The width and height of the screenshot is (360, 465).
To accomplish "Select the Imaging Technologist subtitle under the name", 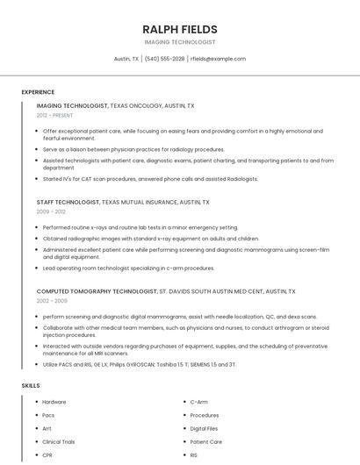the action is point(179,42).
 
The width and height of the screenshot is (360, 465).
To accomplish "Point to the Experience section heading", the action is point(38,92).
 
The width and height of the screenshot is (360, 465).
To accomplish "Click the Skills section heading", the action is point(31,385).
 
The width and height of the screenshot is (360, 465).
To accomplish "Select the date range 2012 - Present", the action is point(55,115).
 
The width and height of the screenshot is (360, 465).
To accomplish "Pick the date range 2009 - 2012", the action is point(51,211).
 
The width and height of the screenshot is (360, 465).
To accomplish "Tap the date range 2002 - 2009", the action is point(52,300).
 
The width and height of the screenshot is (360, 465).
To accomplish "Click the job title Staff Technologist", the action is point(68,202).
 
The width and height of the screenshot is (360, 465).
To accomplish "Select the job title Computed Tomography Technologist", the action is point(97,290).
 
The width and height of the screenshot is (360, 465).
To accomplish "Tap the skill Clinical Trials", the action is point(59,442).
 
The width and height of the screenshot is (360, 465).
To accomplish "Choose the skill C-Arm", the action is point(199,402).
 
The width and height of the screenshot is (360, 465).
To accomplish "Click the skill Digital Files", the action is point(204,428).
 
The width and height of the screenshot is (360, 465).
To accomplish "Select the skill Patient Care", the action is point(206,442).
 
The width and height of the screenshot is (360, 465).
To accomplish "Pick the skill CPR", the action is point(47,455).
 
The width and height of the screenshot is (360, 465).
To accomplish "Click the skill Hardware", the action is point(54,402).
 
